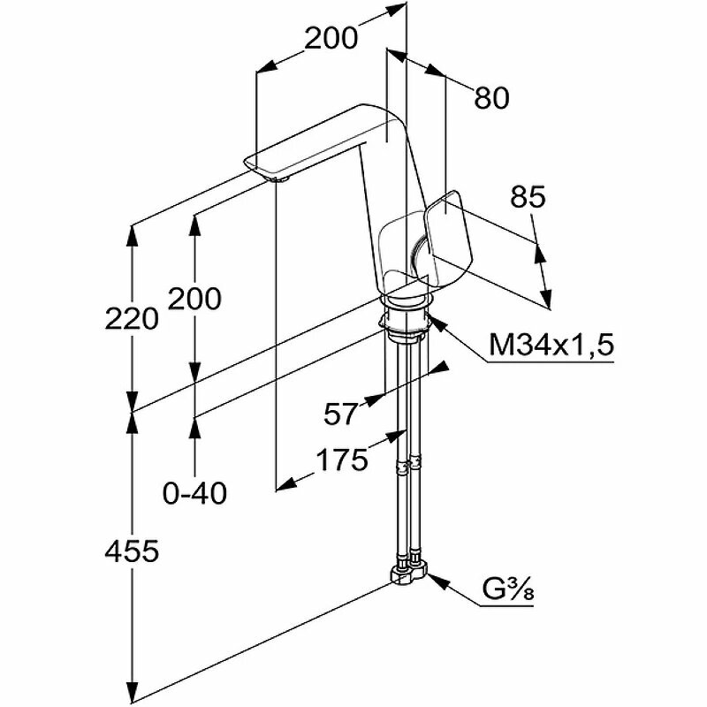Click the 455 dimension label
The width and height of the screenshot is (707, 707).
click(131, 551)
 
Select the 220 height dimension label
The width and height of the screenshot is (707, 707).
click(131, 317)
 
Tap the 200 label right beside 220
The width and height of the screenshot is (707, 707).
click(194, 300)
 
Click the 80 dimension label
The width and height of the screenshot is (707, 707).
click(491, 98)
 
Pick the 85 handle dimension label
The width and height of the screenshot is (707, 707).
click(528, 199)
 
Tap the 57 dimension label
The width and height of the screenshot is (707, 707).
click(341, 413)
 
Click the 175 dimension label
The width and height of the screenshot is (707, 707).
click(341, 460)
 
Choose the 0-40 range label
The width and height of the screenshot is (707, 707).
click(195, 492)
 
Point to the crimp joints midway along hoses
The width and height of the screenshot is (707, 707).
click(409, 464)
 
